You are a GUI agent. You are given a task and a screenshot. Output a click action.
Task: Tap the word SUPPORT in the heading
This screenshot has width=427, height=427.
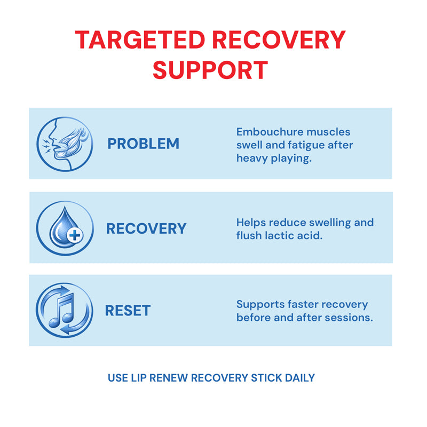(210, 70)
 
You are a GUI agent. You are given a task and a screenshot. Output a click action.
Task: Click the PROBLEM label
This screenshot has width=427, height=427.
(143, 144)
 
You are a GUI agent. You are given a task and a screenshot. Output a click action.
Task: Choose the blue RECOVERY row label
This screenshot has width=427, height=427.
(146, 228)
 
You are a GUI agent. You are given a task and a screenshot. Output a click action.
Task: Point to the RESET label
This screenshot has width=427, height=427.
(128, 311)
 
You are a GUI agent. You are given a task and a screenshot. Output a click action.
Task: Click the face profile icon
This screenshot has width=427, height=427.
(64, 144)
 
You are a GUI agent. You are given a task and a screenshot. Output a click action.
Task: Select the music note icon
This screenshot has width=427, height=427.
(63, 310)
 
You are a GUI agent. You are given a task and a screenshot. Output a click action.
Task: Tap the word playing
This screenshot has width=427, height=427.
(291, 159)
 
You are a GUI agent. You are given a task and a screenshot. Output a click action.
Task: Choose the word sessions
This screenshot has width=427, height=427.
(350, 317)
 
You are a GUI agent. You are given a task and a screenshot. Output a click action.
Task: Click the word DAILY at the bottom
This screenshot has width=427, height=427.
(300, 378)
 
